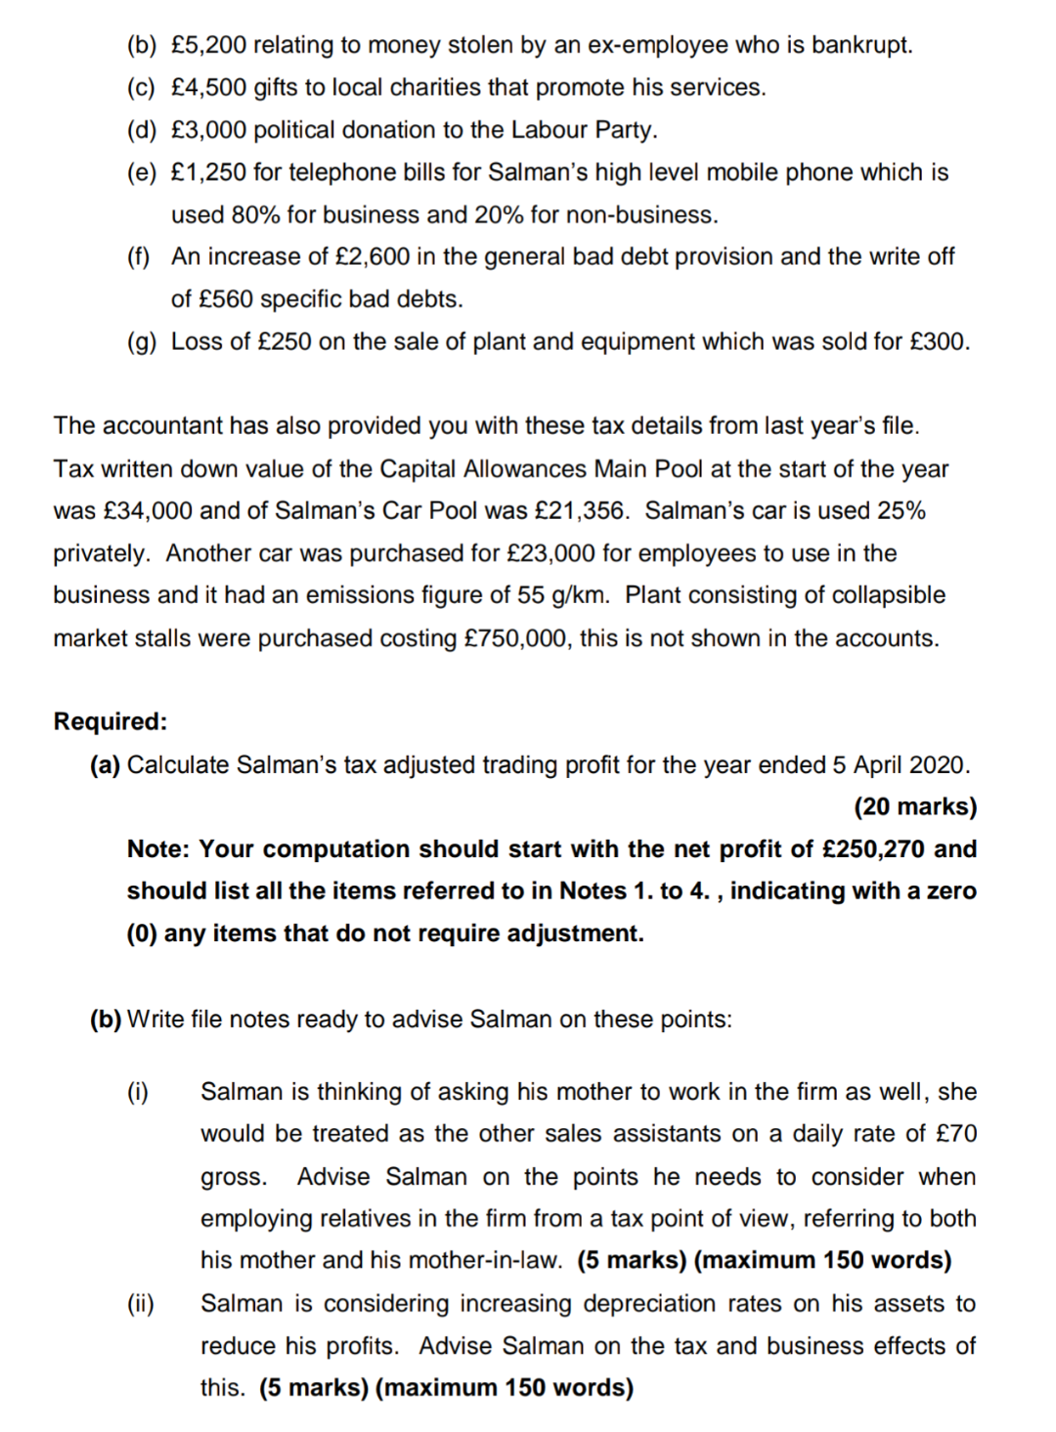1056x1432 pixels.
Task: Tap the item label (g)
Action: coord(142,342)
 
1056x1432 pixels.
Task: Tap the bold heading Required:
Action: coord(110,721)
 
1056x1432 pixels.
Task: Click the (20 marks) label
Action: coord(915,806)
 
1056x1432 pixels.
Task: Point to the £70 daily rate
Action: coord(955,1134)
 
